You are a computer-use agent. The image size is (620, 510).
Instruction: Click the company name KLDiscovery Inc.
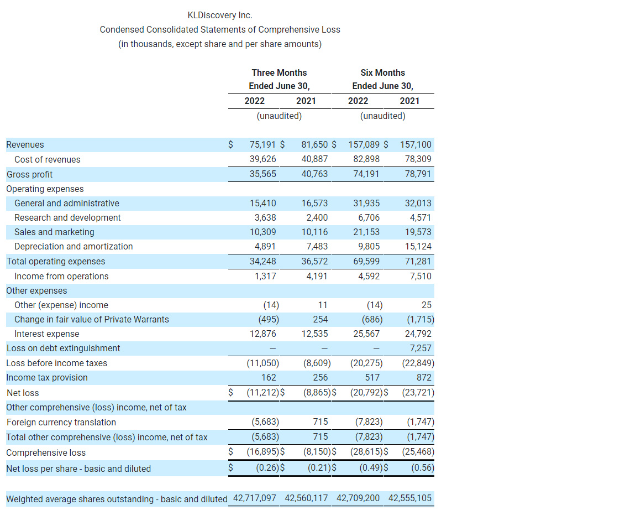[x=220, y=15]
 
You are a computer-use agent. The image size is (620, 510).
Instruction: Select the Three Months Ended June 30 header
[x=279, y=79]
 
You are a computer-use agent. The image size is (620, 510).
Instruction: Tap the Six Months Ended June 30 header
[x=382, y=79]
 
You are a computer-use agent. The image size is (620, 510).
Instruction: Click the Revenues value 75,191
[x=262, y=145]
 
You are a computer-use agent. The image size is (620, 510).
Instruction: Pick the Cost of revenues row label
[x=47, y=160]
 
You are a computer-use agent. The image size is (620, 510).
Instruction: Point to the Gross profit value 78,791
[x=418, y=174]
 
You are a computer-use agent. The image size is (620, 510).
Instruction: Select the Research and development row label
[x=67, y=218]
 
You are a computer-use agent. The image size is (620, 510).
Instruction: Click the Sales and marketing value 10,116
[x=314, y=232]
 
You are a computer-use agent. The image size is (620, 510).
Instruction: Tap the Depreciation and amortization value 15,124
[x=418, y=247]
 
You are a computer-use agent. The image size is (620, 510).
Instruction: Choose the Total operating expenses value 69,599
[x=366, y=261]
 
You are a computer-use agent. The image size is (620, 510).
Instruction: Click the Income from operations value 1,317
[x=265, y=276]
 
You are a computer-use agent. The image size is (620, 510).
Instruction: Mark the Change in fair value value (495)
[x=268, y=320]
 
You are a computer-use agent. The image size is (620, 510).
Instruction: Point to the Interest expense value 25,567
[x=366, y=334]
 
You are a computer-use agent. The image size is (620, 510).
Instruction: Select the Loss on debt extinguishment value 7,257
[x=421, y=348]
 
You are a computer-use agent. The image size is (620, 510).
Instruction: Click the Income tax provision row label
[x=47, y=378]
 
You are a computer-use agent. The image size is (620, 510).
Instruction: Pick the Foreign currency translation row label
[x=61, y=423]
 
